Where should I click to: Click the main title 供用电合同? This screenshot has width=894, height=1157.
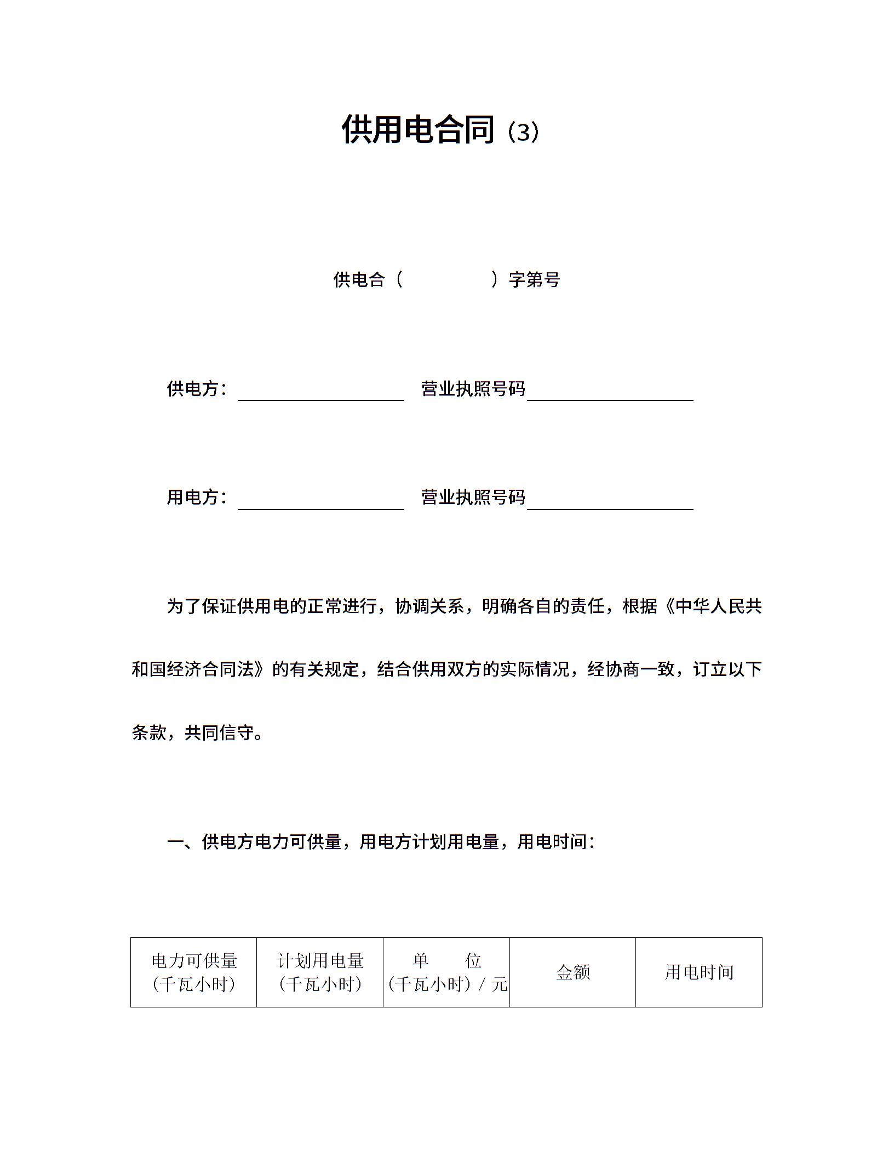point(418,130)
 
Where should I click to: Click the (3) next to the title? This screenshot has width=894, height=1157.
point(523,132)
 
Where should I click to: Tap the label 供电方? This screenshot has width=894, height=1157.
point(193,389)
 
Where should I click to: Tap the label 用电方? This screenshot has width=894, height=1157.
point(193,497)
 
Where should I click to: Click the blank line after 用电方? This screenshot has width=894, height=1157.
point(320,502)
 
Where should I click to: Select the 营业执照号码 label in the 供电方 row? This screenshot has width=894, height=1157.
point(473,389)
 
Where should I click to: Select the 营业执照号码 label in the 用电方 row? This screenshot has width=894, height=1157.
point(473,497)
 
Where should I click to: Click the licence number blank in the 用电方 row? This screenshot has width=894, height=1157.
point(610,502)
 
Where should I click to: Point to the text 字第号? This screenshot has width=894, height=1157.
point(535,280)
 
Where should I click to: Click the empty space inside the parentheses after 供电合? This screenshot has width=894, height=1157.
point(447,280)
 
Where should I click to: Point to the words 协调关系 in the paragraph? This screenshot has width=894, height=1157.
point(429,606)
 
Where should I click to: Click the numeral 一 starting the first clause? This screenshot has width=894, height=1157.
point(175,842)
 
